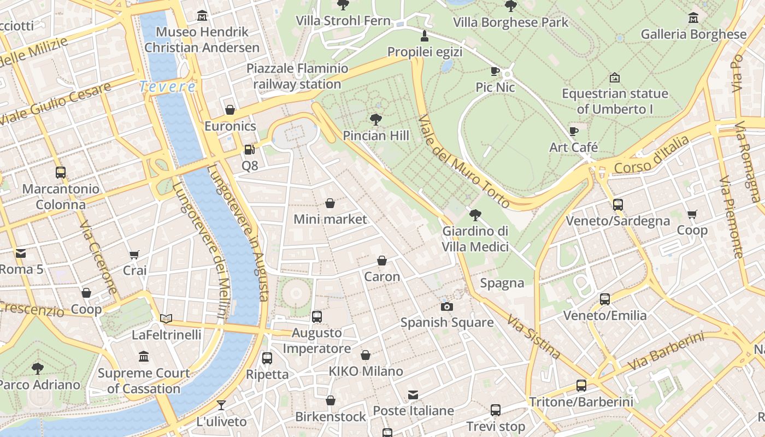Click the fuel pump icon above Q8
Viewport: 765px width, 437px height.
pyautogui.click(x=249, y=149)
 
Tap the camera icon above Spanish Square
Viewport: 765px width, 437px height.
pyautogui.click(x=447, y=306)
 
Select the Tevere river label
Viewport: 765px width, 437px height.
pyautogui.click(x=167, y=86)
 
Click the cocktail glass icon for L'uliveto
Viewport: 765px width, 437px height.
pyautogui.click(x=221, y=405)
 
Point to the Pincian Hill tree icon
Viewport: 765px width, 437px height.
pyautogui.click(x=375, y=119)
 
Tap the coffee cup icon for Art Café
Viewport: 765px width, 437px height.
pyautogui.click(x=573, y=131)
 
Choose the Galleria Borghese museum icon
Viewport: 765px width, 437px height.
pyautogui.click(x=693, y=17)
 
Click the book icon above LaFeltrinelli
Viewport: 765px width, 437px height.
pyautogui.click(x=166, y=318)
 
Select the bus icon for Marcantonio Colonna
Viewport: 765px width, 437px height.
pyautogui.click(x=61, y=173)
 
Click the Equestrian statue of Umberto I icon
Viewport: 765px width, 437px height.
pyautogui.click(x=615, y=78)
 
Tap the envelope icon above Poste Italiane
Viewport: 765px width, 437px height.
pyautogui.click(x=413, y=394)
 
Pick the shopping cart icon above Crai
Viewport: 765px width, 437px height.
pyautogui.click(x=134, y=254)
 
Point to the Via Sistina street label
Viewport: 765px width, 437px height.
pyautogui.click(x=533, y=336)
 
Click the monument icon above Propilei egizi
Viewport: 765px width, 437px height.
pyautogui.click(x=425, y=36)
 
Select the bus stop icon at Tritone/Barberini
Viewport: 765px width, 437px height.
pyautogui.click(x=581, y=386)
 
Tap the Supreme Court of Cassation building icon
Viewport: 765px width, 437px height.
pyautogui.click(x=144, y=357)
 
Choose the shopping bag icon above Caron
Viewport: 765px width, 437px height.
pyautogui.click(x=382, y=261)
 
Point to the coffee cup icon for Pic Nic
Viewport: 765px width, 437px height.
pyautogui.click(x=495, y=71)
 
